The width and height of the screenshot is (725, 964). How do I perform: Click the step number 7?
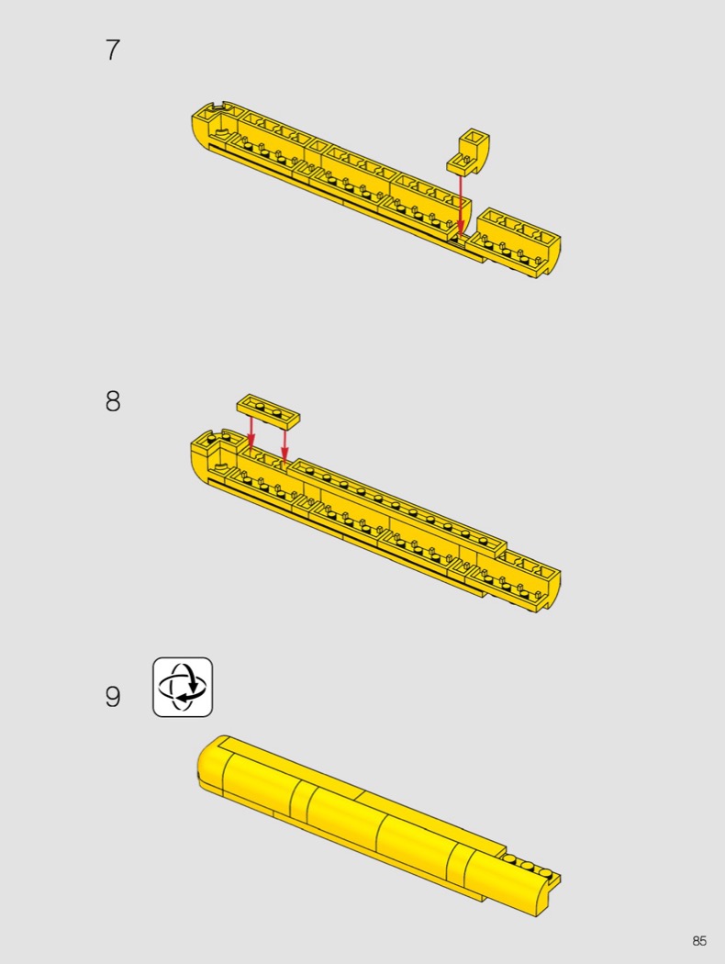[113, 50]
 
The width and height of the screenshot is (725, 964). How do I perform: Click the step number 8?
[113, 401]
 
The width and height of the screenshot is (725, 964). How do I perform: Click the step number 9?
[113, 697]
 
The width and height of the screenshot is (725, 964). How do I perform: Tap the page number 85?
[699, 941]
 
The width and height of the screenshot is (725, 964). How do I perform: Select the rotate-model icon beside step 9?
[183, 687]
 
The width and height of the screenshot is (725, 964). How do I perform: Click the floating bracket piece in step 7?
[468, 151]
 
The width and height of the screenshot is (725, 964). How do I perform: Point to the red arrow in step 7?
[461, 204]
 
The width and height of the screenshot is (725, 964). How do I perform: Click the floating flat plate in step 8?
[269, 410]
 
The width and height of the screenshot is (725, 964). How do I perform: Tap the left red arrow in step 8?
[250, 432]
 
